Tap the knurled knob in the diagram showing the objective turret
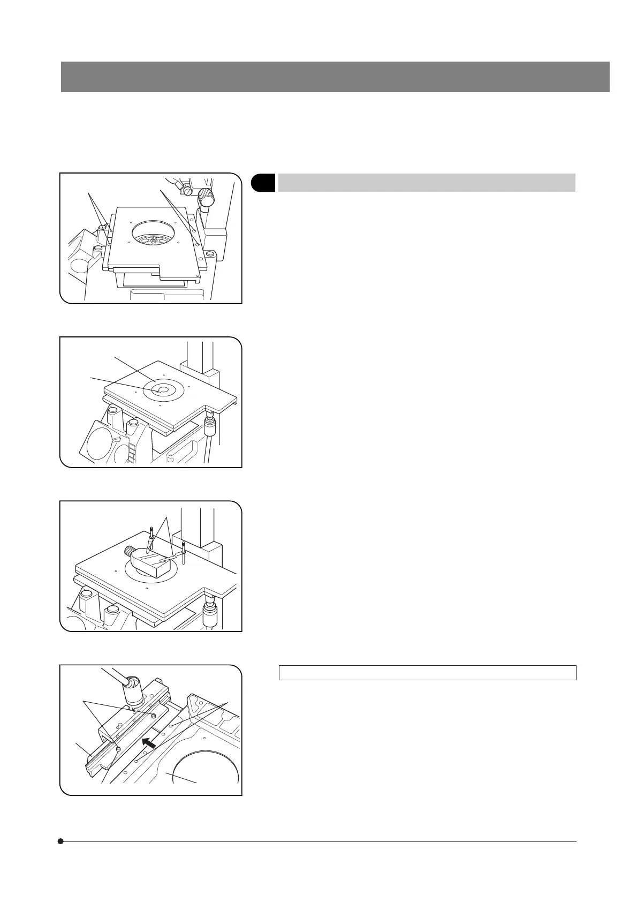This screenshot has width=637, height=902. pos(206,199)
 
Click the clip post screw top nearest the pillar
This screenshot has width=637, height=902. pos(184,544)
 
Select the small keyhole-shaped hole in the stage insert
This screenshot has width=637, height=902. pos(160,391)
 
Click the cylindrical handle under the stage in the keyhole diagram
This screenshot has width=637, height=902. pos(210,429)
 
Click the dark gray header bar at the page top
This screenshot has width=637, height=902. pos(335,77)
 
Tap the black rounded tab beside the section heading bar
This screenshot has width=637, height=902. pos(263,183)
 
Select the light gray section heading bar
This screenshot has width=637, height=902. pos(427,183)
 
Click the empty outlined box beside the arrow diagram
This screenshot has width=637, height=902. pos(427,673)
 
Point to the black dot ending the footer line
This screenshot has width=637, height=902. pos(61,841)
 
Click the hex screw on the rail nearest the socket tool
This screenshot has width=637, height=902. pos(154,716)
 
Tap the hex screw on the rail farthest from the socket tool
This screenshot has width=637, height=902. pos(118,748)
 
